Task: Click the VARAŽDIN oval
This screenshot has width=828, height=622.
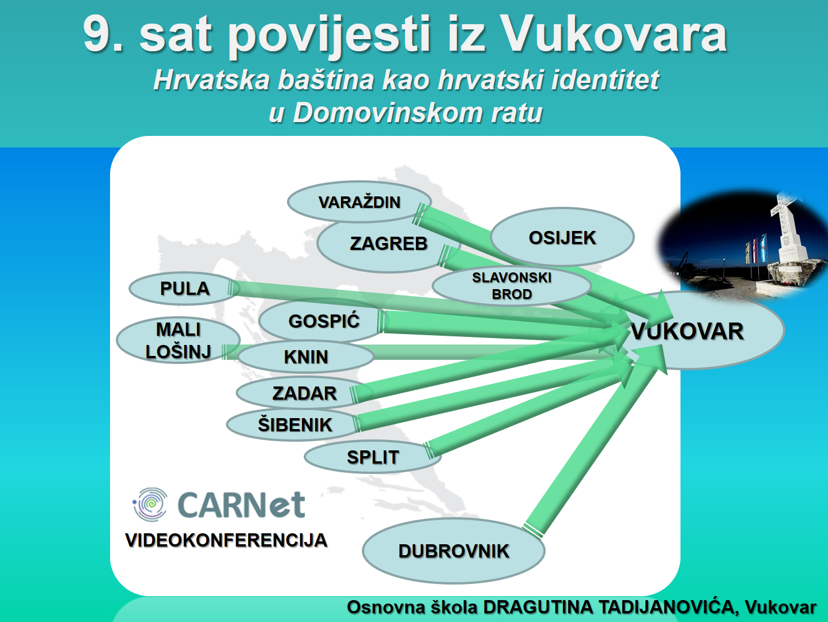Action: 359,202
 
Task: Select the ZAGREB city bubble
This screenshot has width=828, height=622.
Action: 388,244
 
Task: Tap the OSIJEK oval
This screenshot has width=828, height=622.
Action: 562,237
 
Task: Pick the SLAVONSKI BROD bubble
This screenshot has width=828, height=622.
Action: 512,286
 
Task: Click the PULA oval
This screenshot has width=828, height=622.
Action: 184,289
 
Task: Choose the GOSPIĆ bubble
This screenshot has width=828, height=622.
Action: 323,321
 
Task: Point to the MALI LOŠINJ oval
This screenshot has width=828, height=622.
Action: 178,340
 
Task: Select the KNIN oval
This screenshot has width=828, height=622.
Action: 306,356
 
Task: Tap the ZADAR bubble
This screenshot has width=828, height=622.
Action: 304,393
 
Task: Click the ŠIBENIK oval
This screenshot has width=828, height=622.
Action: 294,425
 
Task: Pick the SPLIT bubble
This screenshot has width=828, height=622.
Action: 373,457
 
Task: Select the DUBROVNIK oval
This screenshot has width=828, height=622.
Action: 453,551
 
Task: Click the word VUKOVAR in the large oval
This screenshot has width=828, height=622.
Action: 687,331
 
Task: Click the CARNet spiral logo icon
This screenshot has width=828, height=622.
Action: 150,505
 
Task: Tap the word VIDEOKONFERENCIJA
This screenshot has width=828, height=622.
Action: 226,540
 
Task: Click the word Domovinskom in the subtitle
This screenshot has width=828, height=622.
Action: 387,112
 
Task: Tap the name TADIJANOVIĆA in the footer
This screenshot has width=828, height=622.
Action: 666,607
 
